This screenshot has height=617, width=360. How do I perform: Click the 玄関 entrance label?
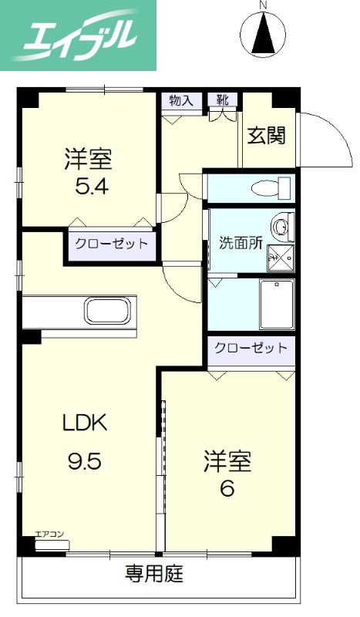tap(267, 135)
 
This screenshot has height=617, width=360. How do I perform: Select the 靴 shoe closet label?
tap(222, 99)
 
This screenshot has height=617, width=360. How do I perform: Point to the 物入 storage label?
tap(182, 99)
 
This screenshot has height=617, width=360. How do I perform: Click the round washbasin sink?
tap(283, 228)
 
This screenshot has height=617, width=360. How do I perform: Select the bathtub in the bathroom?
tap(276, 304)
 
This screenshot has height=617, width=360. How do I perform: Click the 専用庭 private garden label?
tap(154, 575)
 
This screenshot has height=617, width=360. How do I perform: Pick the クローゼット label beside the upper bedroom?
tap(111, 244)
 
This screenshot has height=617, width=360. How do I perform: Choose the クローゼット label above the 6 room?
tap(251, 349)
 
